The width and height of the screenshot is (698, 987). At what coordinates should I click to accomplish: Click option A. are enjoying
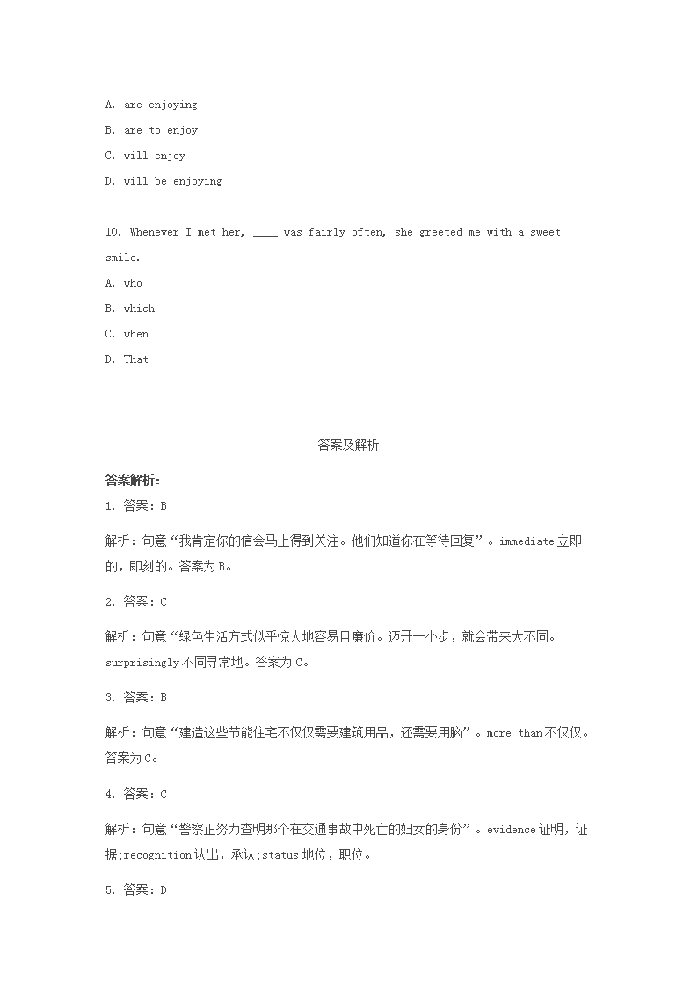click(150, 105)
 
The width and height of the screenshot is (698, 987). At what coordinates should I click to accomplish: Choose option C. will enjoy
click(145, 156)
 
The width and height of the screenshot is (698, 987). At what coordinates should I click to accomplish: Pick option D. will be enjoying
click(164, 181)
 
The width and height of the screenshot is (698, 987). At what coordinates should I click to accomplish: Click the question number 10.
click(113, 232)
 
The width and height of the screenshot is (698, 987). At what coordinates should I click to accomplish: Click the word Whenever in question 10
click(154, 232)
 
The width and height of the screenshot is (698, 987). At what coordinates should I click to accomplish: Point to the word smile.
click(121, 258)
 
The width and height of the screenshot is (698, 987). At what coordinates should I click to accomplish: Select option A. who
click(123, 283)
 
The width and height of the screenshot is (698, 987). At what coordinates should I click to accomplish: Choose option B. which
click(129, 308)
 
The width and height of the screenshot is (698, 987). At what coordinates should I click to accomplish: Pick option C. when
click(127, 334)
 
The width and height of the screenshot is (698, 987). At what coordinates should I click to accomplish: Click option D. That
click(127, 359)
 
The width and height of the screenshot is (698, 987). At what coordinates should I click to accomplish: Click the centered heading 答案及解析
click(348, 446)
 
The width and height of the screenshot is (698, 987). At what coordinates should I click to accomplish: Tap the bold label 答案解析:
click(132, 480)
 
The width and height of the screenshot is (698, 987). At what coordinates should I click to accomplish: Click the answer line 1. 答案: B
click(135, 506)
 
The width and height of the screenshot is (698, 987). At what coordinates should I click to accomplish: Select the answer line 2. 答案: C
click(135, 602)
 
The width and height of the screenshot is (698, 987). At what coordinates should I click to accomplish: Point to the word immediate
click(527, 541)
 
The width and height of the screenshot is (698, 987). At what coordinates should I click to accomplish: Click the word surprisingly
click(142, 663)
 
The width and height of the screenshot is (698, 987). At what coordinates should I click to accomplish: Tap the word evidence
click(510, 829)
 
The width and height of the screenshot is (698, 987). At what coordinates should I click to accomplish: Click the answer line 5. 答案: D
click(135, 890)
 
